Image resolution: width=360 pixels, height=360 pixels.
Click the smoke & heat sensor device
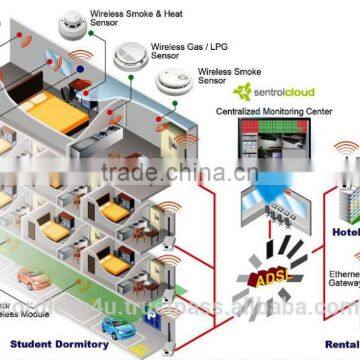(70, 21)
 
